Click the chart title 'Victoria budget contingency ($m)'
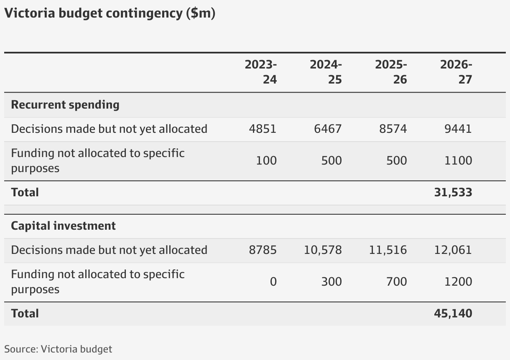pyautogui.click(x=110, y=13)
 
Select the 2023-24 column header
pyautogui.click(x=261, y=72)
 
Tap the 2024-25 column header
pyautogui.click(x=326, y=72)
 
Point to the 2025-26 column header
pyautogui.click(x=391, y=72)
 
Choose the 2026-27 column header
pyautogui.click(x=456, y=72)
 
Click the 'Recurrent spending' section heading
pyautogui.click(x=65, y=104)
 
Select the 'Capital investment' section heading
pyautogui.click(x=64, y=226)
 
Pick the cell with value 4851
pyautogui.click(x=263, y=129)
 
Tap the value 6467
pyautogui.click(x=328, y=129)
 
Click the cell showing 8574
pyautogui.click(x=393, y=129)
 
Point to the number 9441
pyautogui.click(x=458, y=129)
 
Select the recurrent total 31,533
pyautogui.click(x=453, y=193)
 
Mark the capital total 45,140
pyautogui.click(x=453, y=314)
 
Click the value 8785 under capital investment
pyautogui.click(x=263, y=250)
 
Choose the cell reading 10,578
pyautogui.click(x=323, y=250)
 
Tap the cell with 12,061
pyautogui.click(x=453, y=250)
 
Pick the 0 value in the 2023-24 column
pyautogui.click(x=273, y=282)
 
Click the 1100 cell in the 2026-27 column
pyautogui.click(x=458, y=161)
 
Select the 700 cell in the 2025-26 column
pyautogui.click(x=396, y=282)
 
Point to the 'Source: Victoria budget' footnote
pyautogui.click(x=58, y=349)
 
